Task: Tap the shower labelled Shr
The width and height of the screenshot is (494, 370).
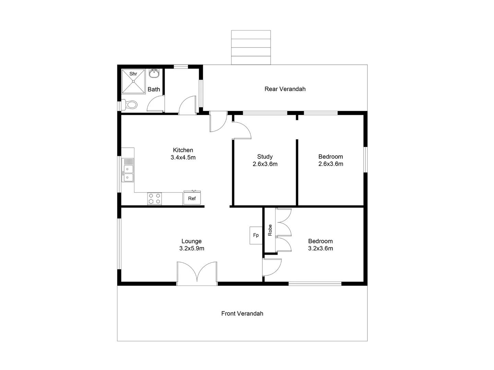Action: (133, 81)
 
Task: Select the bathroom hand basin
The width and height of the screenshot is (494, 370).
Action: (154, 73)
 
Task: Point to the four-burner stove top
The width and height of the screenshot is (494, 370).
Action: (154, 198)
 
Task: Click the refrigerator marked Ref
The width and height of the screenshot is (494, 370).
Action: (192, 198)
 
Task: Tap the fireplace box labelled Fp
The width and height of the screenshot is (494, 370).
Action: (256, 235)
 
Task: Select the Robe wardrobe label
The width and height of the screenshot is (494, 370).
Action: (270, 230)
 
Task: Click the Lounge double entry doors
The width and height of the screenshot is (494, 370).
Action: (197, 273)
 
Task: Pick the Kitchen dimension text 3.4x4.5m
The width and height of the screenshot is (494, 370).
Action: (183, 158)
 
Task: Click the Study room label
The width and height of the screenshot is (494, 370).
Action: (265, 157)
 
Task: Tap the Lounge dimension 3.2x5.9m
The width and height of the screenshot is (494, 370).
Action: (191, 248)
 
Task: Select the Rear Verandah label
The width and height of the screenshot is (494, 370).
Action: (285, 89)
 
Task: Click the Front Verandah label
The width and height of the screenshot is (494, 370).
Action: (242, 313)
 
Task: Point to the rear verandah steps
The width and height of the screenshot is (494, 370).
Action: (251, 47)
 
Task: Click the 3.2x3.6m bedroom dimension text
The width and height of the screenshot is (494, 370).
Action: (320, 248)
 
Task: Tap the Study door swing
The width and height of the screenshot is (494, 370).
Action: (242, 130)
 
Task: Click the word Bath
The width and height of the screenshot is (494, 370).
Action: (154, 89)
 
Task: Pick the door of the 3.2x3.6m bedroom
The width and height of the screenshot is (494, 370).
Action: (272, 267)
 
